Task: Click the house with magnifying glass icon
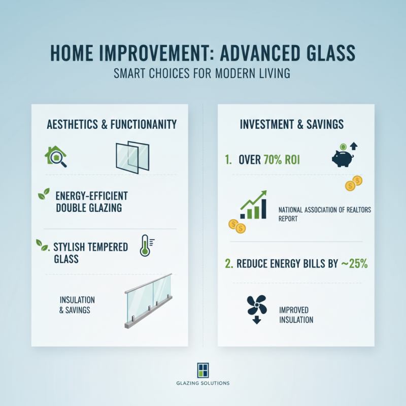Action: [x=56, y=156]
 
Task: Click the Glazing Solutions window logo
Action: [x=202, y=369]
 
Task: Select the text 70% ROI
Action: [x=282, y=160]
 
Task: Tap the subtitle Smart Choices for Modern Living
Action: [x=203, y=73]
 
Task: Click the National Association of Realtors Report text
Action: [x=325, y=213]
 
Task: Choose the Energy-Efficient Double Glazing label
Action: [x=91, y=201]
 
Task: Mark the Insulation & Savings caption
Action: [x=77, y=304]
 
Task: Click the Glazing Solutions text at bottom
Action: [x=203, y=383]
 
